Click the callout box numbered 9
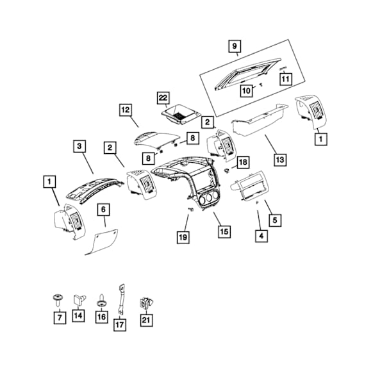[x=235, y=46]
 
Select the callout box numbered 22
[x=163, y=98]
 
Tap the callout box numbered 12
[x=126, y=110]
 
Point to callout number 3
[x=79, y=146]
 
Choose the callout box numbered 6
[x=103, y=210]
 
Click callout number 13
[x=280, y=160]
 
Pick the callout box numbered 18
[x=243, y=162]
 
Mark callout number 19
[x=183, y=237]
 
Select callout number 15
[x=224, y=231]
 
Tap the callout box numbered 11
[x=285, y=79]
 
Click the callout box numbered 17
[x=120, y=325]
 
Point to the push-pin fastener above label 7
[x=58, y=300]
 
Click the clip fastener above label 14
[x=79, y=299]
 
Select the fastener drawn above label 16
[x=102, y=301]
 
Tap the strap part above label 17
[x=120, y=299]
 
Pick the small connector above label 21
[x=146, y=303]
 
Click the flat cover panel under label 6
[x=102, y=242]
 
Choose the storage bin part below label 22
[x=181, y=115]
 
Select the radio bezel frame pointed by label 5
[x=249, y=186]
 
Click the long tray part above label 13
[x=260, y=119]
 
